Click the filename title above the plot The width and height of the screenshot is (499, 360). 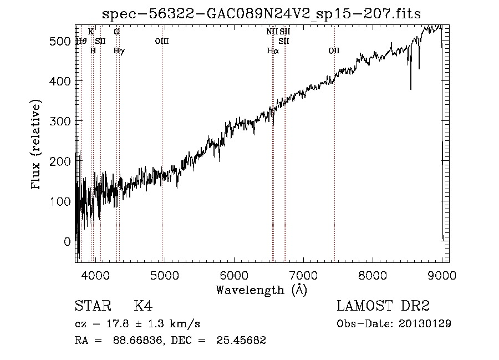pos(261,14)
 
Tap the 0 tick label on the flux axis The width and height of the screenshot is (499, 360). pos(68,241)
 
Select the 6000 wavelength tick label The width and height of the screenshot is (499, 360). pos(233,276)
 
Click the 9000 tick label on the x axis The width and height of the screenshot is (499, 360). pos(441,276)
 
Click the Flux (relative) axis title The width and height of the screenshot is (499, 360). pos(37,145)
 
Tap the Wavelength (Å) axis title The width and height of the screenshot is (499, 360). pos(261,290)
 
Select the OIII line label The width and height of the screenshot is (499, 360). pos(161,41)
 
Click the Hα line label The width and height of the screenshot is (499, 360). pos(272,50)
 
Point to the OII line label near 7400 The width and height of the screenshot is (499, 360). pos(334,50)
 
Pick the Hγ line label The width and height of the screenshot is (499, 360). pos(119,50)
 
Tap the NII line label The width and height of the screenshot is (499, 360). pos(271,32)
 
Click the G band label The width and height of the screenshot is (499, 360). pos(116,32)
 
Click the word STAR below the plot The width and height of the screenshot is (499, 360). pos(90,306)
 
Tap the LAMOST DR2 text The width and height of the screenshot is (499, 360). pos(383,306)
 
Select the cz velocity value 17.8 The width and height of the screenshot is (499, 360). pos(115,323)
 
